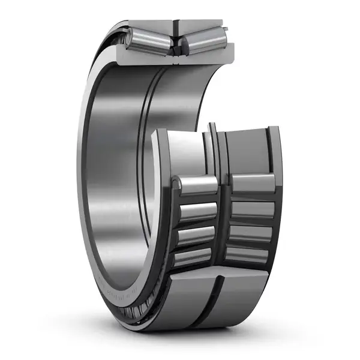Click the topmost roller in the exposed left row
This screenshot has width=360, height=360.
point(196,184)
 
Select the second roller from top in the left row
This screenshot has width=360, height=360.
point(197,211)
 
